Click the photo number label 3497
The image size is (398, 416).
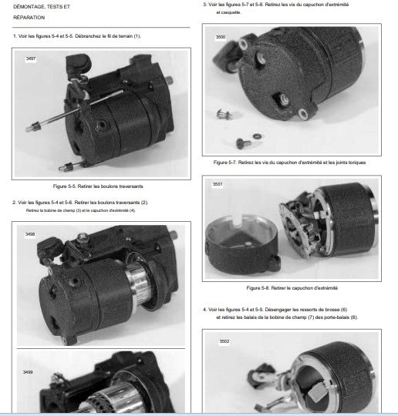[x=31, y=59]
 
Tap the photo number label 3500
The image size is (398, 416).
[x=221, y=37]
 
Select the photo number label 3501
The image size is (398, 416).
[x=218, y=184]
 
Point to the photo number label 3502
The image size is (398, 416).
[x=224, y=341]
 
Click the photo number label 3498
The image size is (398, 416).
[x=30, y=234]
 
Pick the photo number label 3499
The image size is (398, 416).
[x=28, y=372]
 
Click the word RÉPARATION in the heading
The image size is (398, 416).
[x=29, y=18]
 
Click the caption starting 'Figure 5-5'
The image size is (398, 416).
[x=98, y=186]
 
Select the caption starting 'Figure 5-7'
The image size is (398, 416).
[x=289, y=163]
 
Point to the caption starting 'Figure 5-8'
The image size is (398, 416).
[x=292, y=288]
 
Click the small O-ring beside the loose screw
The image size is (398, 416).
[x=257, y=136]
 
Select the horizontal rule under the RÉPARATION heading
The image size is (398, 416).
[x=101, y=27]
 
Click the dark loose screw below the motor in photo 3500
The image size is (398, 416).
[x=243, y=143]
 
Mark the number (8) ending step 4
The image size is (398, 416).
[x=353, y=317]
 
